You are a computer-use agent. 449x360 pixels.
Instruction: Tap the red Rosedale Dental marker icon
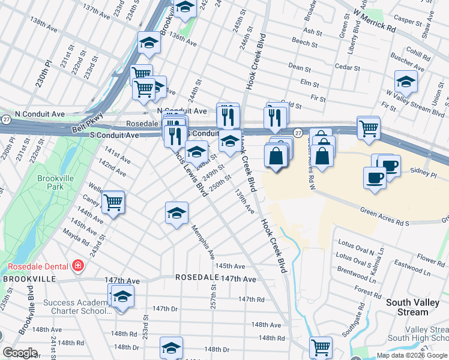click(x=77, y=265)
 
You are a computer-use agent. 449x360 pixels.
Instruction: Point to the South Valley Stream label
click(x=415, y=307)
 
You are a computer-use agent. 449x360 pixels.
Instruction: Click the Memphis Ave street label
click(x=202, y=242)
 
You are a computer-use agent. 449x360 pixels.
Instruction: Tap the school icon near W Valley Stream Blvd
click(x=406, y=82)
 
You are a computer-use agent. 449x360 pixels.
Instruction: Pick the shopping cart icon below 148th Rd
click(x=321, y=346)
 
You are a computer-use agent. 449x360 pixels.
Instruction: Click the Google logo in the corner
click(x=20, y=353)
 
